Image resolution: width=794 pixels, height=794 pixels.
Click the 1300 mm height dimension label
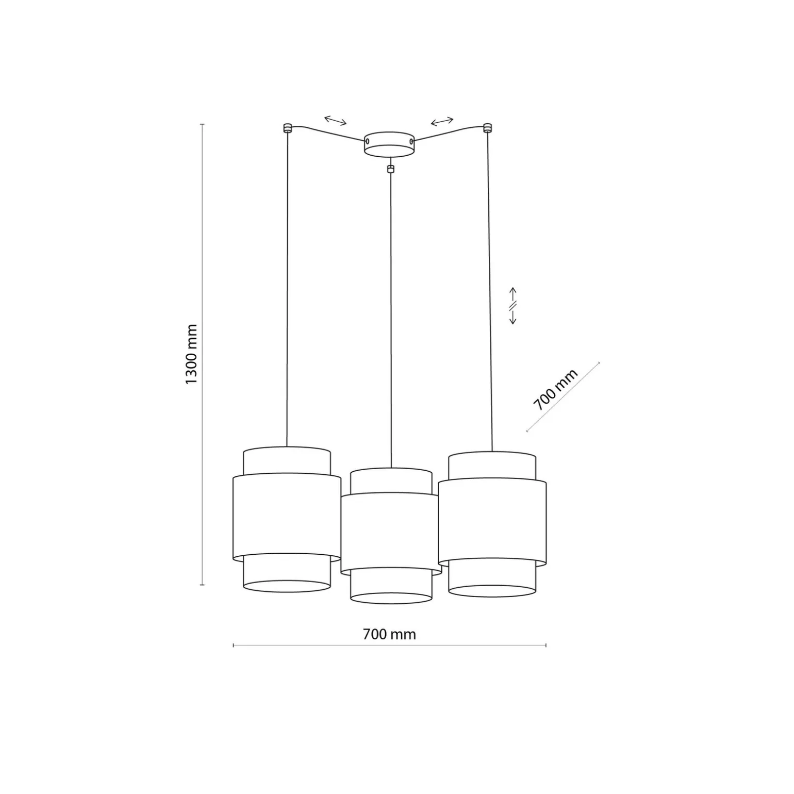click(x=191, y=354)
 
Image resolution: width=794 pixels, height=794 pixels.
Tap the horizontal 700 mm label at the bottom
click(x=389, y=634)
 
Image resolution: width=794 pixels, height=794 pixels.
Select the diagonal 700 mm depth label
click(x=555, y=390)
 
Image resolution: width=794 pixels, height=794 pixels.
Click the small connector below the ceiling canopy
click(x=391, y=168)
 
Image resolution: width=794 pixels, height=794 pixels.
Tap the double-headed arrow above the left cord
click(x=336, y=121)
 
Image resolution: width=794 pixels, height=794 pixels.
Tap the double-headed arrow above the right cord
click(x=442, y=121)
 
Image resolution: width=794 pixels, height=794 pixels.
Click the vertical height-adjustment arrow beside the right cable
click(x=513, y=306)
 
